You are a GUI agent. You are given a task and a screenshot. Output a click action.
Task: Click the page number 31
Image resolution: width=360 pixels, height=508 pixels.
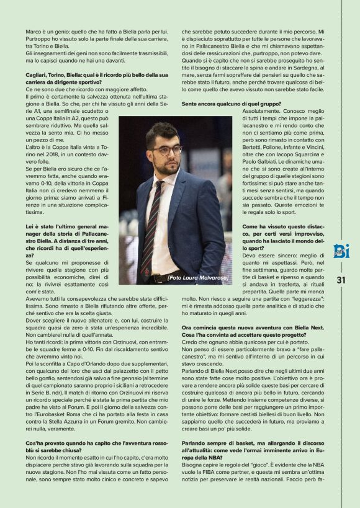point(341,280)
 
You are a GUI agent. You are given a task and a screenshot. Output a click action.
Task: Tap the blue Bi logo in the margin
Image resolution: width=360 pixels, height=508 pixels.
point(341,251)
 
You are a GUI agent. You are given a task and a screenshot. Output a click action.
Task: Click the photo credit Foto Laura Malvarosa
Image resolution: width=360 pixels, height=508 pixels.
point(198,277)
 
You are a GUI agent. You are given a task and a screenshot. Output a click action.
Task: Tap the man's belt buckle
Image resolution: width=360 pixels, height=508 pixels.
point(153,279)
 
